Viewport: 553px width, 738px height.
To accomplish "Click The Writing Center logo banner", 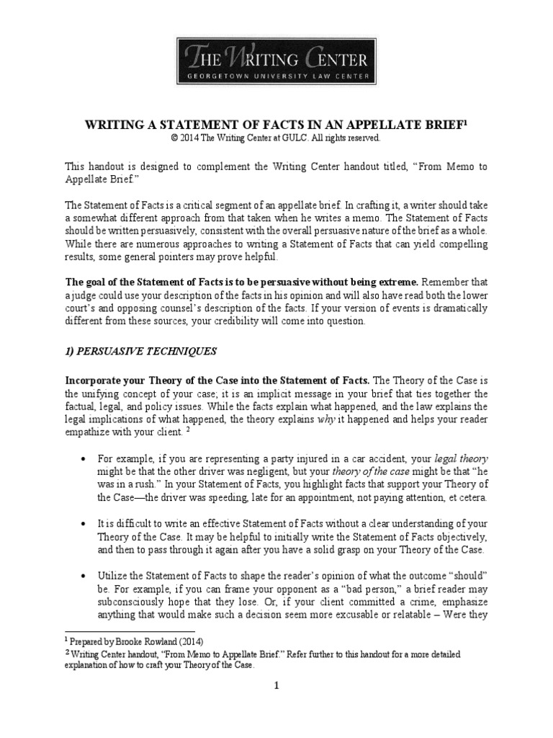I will point(276,60).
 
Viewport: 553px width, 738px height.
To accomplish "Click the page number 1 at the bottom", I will point(276,687).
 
